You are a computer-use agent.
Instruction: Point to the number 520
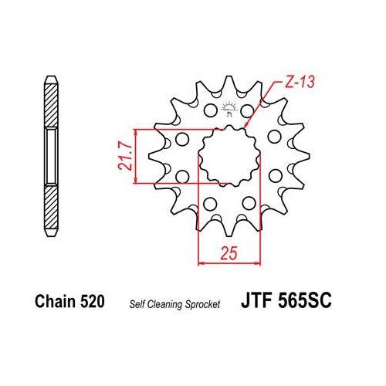click(91, 301)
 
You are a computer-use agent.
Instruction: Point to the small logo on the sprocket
click(227, 109)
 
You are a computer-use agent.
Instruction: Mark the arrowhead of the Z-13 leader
click(246, 125)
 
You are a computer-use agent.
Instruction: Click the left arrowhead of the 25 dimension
click(203, 262)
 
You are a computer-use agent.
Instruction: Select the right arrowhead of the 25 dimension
click(252, 262)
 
